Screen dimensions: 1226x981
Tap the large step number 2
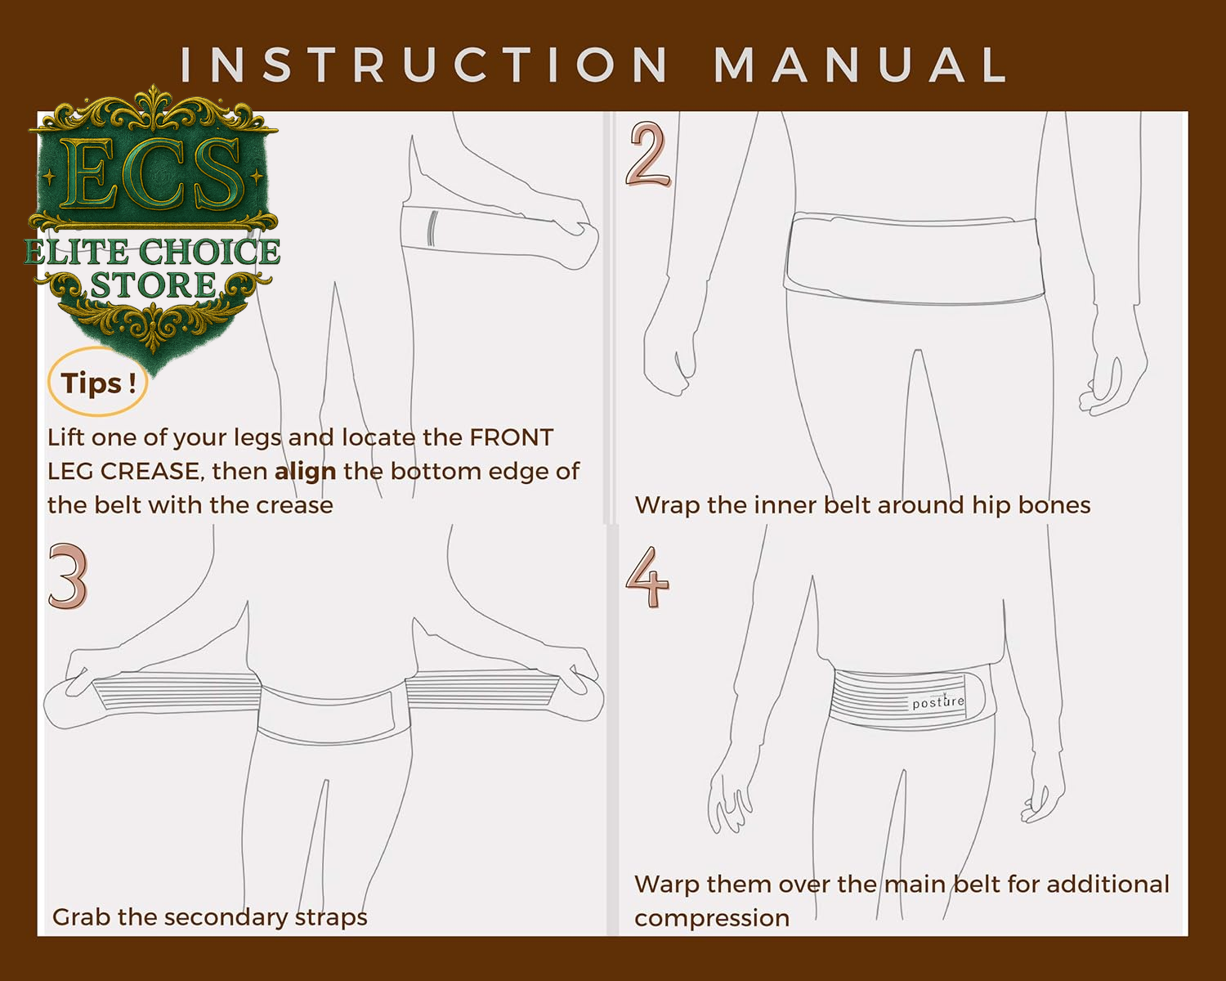648,154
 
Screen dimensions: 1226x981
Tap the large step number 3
69,576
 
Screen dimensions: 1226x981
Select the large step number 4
647,576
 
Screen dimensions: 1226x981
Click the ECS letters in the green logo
154,174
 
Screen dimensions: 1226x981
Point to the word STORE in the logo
153,285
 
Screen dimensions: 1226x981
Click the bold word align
306,473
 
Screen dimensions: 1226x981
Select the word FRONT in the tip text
511,438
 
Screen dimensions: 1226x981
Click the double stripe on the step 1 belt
432,228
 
